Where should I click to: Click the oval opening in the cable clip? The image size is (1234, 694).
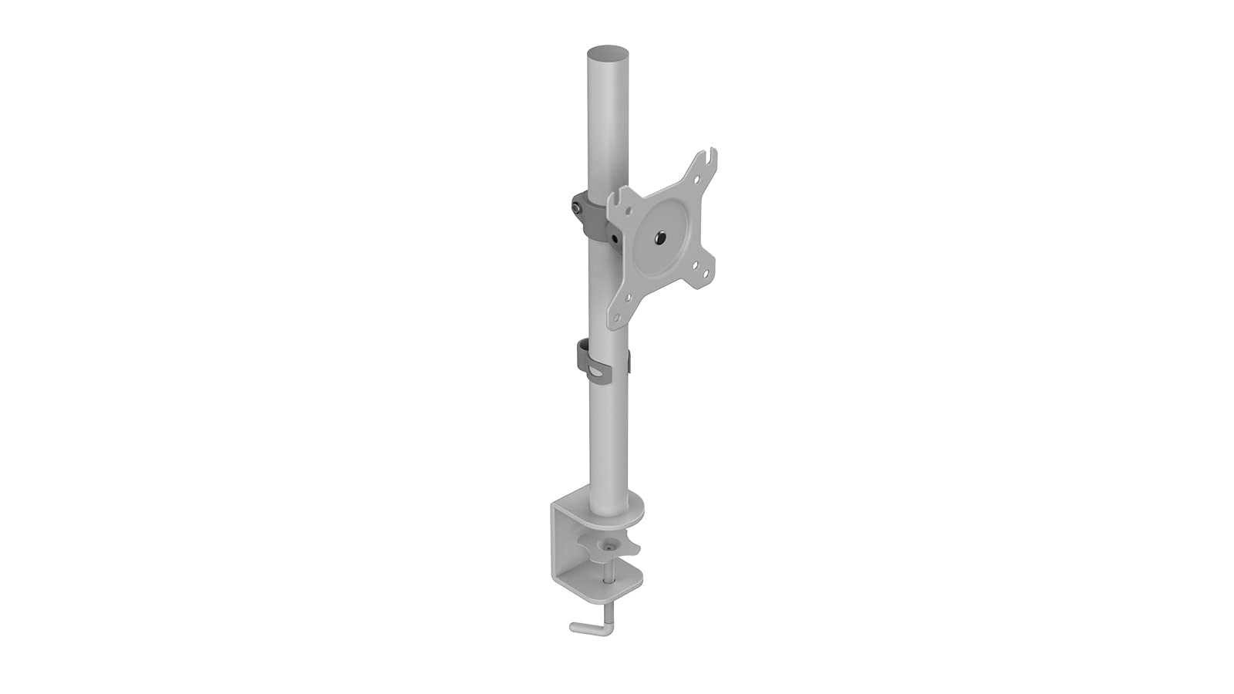pyautogui.click(x=597, y=373)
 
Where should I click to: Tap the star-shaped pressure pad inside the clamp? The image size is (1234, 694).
pyautogui.click(x=611, y=547)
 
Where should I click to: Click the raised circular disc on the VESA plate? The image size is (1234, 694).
pyautogui.click(x=664, y=240)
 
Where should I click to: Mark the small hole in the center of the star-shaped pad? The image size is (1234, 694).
pyautogui.click(x=611, y=544)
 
